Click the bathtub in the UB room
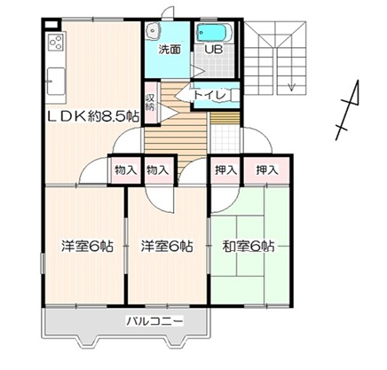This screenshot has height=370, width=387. coord(215,33)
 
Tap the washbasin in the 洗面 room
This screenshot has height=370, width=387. coord(154,30)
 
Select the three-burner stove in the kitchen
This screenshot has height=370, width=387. coord(56,42)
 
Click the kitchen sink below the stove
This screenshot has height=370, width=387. coord(56,81)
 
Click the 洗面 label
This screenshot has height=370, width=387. coord(170,50)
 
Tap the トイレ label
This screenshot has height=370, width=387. coord(210,95)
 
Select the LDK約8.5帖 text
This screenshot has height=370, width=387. coord(93,117)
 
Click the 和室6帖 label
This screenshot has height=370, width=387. coord(249,246)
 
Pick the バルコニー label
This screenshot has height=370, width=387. coord(155,320)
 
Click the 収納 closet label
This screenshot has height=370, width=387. coord(150,102)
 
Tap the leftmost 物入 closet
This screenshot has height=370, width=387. coord(126,170)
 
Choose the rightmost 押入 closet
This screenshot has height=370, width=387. coord(266,170)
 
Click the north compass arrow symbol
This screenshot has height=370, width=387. coord(348,110)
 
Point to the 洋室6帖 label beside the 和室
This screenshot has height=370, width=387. coord(167,246)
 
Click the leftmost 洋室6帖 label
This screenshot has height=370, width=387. coord(87,246)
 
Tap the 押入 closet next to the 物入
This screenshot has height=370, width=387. coord(226,170)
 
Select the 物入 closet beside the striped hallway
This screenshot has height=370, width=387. coord(158,170)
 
